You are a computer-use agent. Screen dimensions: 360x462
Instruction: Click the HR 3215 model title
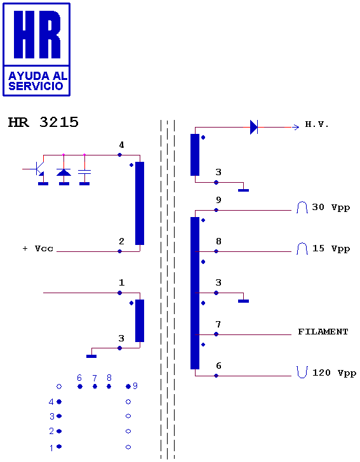[43, 122]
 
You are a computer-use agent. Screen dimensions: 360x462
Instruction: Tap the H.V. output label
[317, 124]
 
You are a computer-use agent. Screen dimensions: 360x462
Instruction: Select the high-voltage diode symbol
[254, 128]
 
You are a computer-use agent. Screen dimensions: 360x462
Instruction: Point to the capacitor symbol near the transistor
[84, 171]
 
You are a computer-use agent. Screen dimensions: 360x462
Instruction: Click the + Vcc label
[38, 249]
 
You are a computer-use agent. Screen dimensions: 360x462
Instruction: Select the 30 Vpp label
[331, 208]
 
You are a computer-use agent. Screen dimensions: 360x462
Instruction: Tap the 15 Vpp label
[331, 249]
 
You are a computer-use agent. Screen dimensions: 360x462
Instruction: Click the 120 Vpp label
[334, 373]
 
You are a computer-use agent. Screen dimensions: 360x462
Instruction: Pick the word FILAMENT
[323, 332]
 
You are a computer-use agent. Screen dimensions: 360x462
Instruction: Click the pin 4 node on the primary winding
[120, 155]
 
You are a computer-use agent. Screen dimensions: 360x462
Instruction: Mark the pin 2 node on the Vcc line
[120, 251]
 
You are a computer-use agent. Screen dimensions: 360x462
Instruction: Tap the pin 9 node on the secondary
[216, 210]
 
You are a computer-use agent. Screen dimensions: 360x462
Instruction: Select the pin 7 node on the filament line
[216, 334]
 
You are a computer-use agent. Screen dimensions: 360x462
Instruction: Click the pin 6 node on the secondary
[216, 376]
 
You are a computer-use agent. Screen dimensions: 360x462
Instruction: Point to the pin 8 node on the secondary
[216, 251]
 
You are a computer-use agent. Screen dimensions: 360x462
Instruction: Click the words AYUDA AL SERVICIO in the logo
[37, 81]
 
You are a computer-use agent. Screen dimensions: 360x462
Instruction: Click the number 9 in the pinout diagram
[135, 386]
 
